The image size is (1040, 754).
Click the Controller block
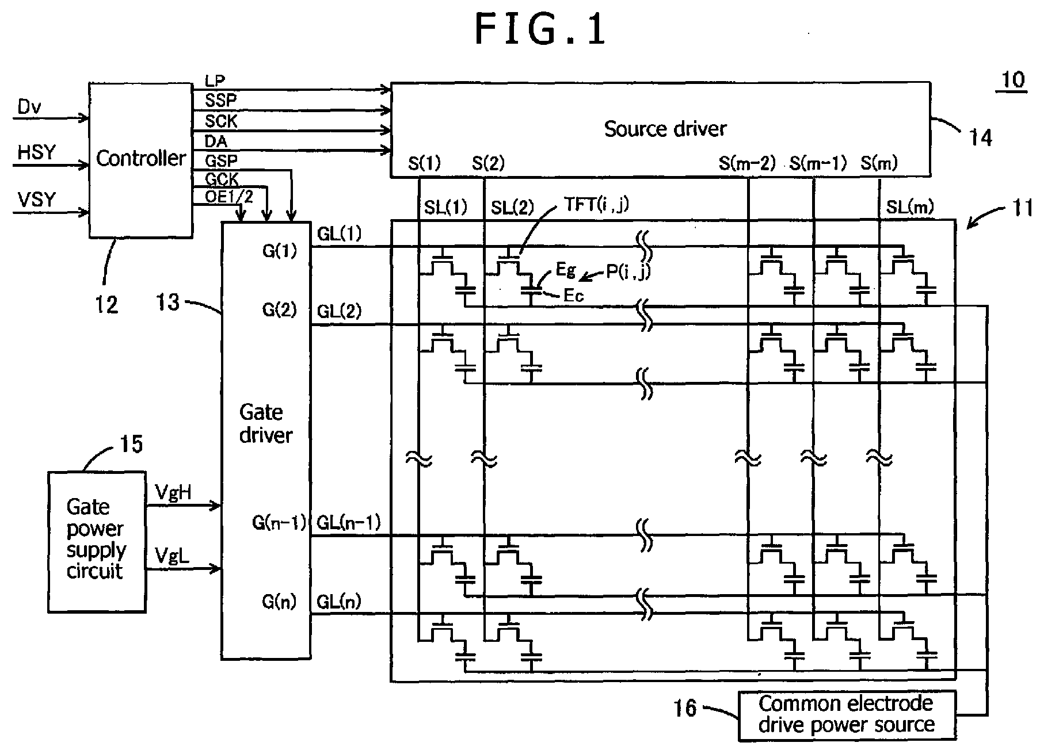[x=141, y=160]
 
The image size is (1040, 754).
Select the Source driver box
[x=660, y=129]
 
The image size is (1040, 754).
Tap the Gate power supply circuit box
[x=97, y=541]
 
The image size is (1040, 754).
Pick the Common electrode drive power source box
[x=846, y=715]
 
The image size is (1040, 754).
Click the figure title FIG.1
[x=540, y=30]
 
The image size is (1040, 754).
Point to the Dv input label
[x=29, y=107]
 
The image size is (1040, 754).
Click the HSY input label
[x=37, y=153]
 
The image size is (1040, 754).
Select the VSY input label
[x=37, y=200]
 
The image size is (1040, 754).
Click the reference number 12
[x=106, y=304]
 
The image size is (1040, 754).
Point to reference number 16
[x=685, y=708]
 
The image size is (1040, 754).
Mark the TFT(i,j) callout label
[x=596, y=205]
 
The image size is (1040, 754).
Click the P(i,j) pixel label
[x=627, y=271]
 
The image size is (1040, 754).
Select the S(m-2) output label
[x=747, y=164]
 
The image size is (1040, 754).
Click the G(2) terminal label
[x=279, y=310]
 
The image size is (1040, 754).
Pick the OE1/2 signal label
[x=229, y=197]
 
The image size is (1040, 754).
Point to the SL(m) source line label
[x=909, y=207]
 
